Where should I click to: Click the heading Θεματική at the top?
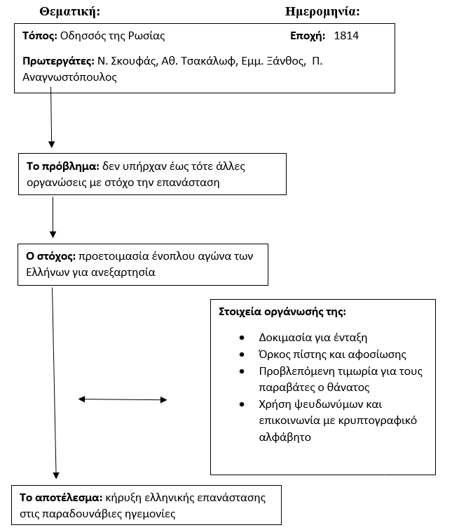tap(70, 12)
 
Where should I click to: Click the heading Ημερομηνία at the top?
tap(322, 12)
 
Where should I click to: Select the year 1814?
tap(346, 36)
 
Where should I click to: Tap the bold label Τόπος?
tap(40, 36)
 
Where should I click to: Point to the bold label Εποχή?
tap(308, 36)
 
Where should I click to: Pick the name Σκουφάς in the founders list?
tap(135, 61)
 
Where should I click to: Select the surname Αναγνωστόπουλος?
tap(69, 77)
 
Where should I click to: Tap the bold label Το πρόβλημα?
tap(63, 166)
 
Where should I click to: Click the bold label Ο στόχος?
tap(51, 256)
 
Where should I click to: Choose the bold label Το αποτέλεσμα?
tap(61, 498)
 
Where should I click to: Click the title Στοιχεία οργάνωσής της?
tap(282, 312)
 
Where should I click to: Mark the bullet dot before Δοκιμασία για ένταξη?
tap(242, 338)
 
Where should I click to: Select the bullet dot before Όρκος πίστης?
tap(242, 355)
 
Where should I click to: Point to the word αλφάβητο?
tap(285, 437)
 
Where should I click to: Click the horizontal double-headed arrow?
tap(123, 399)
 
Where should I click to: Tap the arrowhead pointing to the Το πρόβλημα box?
tap(52, 145)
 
